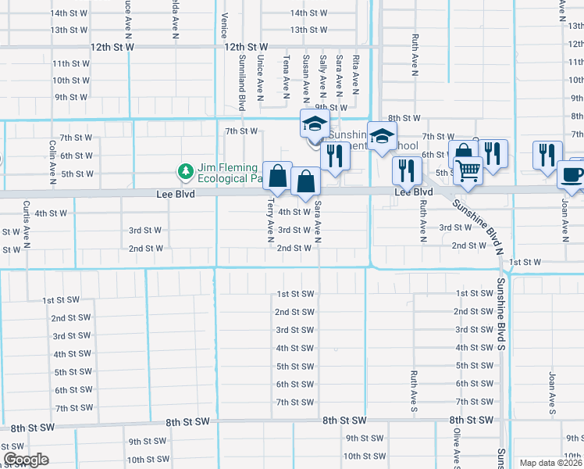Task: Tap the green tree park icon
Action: click(x=186, y=170)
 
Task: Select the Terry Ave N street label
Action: click(x=270, y=217)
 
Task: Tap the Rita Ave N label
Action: click(x=356, y=70)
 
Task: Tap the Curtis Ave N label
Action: click(x=26, y=220)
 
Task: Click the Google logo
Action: click(x=26, y=460)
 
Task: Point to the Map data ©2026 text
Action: click(x=550, y=463)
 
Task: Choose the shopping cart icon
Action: click(x=468, y=170)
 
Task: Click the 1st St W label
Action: click(x=525, y=262)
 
